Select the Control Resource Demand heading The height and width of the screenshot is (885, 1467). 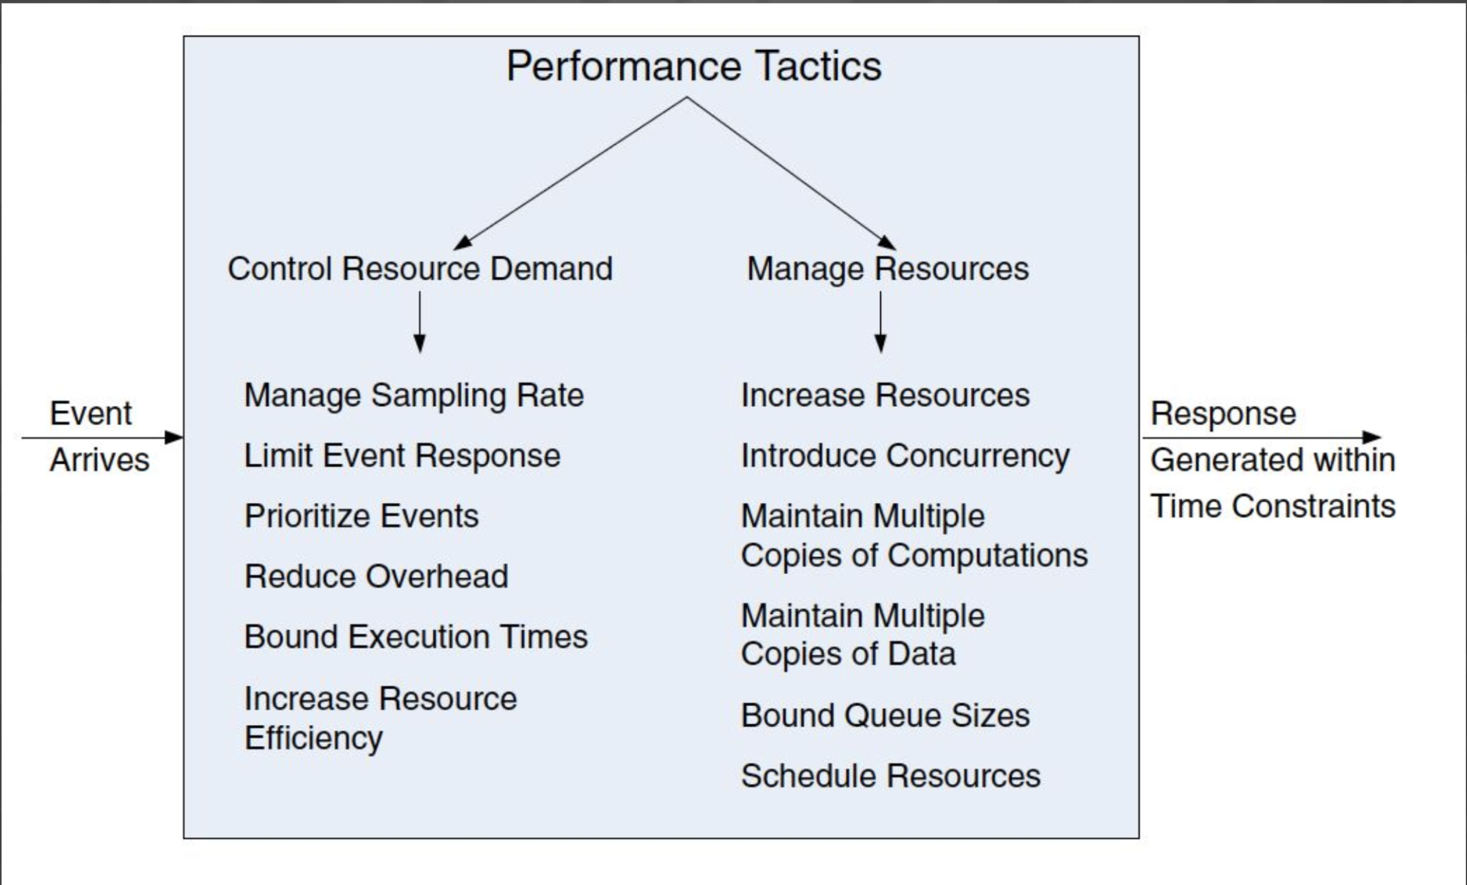point(420,268)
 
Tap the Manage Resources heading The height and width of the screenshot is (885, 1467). point(888,269)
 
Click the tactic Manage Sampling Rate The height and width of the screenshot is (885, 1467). point(414,396)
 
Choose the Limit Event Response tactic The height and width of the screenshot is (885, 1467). point(403,456)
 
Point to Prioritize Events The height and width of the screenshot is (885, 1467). point(362,516)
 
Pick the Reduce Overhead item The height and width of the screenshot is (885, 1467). point(376,576)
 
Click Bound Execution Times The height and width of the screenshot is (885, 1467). point(416,637)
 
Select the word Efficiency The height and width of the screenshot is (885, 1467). point(313,739)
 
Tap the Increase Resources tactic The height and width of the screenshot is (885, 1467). point(886,395)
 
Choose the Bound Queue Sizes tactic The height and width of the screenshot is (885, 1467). point(886,715)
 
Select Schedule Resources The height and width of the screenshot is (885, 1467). point(891,776)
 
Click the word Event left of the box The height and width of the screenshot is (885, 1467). point(91,413)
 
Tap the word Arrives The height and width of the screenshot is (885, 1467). point(100,460)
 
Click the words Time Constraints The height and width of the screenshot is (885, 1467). point(1273,506)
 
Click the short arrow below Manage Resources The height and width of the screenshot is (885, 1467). point(880,322)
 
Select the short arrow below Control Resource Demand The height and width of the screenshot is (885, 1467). point(420,322)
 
